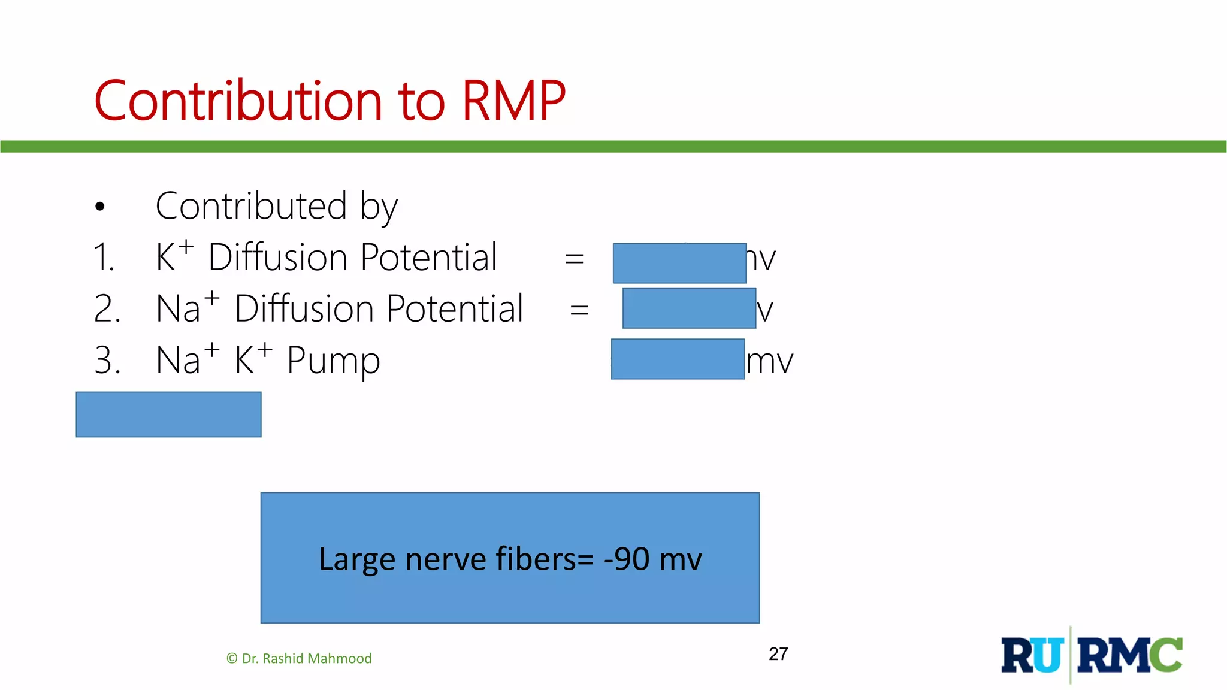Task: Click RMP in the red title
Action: (513, 101)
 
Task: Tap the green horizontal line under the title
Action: (613, 147)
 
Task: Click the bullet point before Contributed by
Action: (100, 207)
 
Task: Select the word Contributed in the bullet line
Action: (251, 206)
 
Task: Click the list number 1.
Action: (104, 258)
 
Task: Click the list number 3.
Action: (107, 361)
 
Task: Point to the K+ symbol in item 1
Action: (174, 256)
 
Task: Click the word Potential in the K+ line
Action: (428, 258)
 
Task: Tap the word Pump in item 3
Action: (333, 361)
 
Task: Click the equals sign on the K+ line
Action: (574, 259)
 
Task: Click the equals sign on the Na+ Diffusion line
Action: (579, 310)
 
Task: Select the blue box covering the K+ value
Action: (679, 263)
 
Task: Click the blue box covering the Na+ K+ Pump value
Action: (678, 359)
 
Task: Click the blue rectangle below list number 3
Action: (168, 414)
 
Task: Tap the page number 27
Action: (778, 654)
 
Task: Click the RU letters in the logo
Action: (1032, 656)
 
